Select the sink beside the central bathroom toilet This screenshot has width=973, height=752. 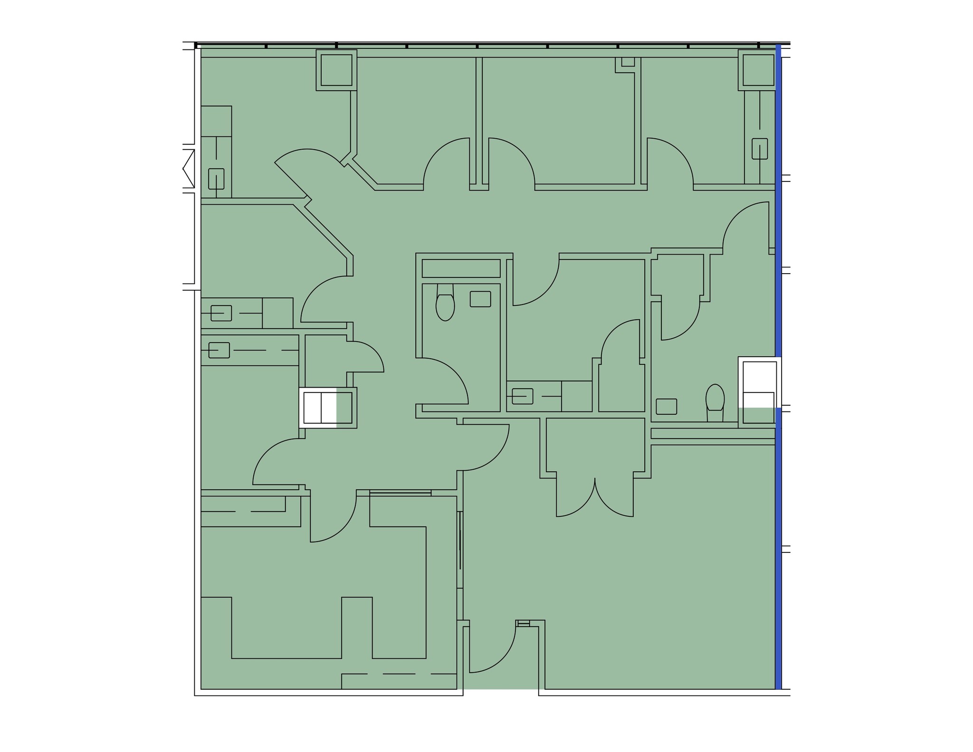tap(480, 299)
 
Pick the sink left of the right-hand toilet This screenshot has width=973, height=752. tap(666, 407)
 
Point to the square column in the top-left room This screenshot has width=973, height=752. tap(336, 70)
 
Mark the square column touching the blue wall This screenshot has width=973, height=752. tap(758, 70)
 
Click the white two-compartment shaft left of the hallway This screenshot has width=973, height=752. tap(320, 408)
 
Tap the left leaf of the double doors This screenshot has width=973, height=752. tap(570, 499)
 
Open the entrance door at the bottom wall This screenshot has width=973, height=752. tap(492, 651)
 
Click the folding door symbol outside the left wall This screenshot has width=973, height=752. tap(189, 168)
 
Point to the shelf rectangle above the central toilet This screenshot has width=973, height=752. tap(461, 268)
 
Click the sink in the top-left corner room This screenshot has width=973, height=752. tap(216, 179)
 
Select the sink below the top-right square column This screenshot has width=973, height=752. tap(759, 149)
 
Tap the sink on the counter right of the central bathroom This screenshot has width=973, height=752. tap(523, 396)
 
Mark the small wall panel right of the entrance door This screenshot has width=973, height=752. tap(523, 623)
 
